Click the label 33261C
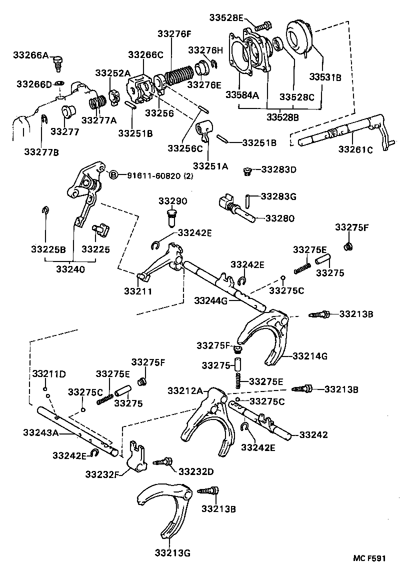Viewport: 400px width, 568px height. [355, 149]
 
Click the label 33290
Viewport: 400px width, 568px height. [172, 201]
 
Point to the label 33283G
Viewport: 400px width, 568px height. [278, 196]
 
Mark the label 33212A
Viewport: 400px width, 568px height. [184, 390]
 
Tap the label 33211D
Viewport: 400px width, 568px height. [49, 374]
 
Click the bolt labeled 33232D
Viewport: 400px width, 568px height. [164, 462]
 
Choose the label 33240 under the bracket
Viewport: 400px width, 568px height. [70, 268]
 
